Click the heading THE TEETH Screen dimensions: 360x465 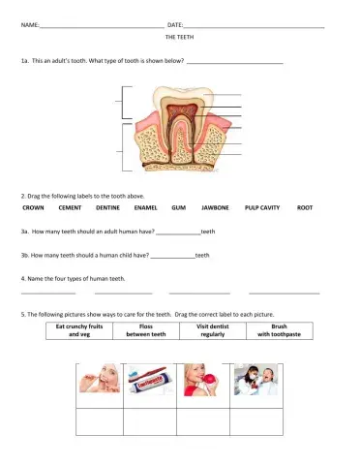pos(179,36)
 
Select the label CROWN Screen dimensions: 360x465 pos(33,208)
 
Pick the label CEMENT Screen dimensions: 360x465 pos(70,208)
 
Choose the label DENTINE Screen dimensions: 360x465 pos(108,208)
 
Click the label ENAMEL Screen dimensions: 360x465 pos(146,208)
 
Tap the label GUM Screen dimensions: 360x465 pos(178,208)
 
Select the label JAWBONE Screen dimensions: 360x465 pos(215,208)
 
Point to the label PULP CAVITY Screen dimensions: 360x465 pos(262,208)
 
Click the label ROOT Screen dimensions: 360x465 pos(305,208)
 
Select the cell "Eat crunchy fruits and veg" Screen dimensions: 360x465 pos(78,331)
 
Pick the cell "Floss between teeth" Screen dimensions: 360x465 pos(146,331)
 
